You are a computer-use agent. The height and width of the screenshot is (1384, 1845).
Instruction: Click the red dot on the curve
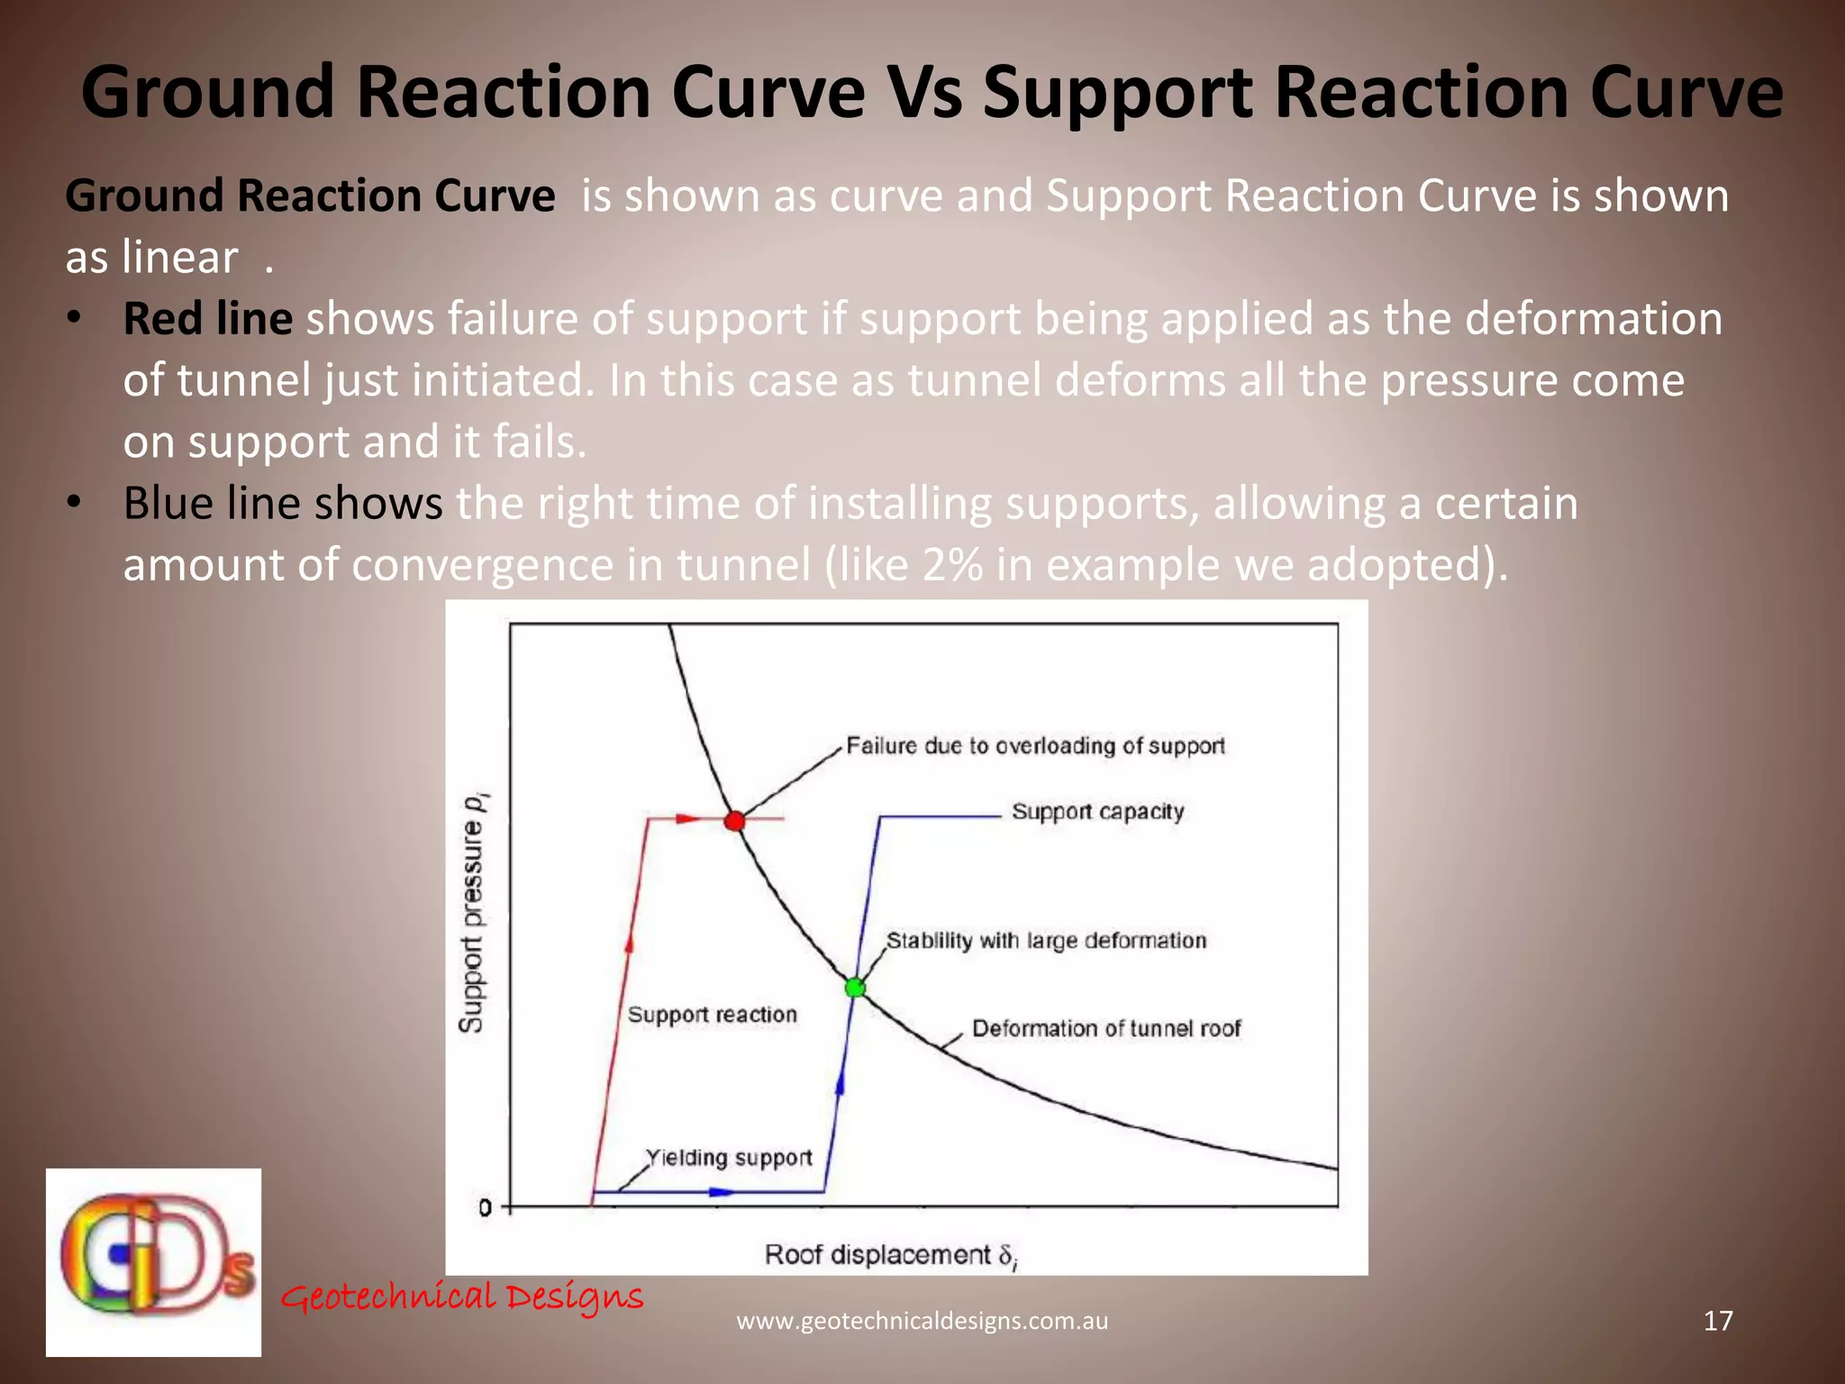pyautogui.click(x=735, y=821)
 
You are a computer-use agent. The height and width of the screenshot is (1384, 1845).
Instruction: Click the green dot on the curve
pyautogui.click(x=855, y=988)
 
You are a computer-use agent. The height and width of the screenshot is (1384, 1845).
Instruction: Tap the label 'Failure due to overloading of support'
pyautogui.click(x=1035, y=746)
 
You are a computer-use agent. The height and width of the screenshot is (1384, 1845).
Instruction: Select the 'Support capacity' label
pyautogui.click(x=1097, y=812)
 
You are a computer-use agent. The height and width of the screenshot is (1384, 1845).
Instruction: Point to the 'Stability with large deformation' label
pyautogui.click(x=1046, y=941)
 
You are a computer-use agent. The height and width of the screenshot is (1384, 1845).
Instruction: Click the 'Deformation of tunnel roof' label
pyautogui.click(x=1106, y=1029)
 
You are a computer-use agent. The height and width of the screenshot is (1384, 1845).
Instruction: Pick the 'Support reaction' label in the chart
pyautogui.click(x=712, y=1015)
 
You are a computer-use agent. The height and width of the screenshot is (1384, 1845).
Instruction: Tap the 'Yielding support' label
pyautogui.click(x=729, y=1158)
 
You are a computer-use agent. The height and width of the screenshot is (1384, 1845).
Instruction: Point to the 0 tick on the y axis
pyautogui.click(x=486, y=1207)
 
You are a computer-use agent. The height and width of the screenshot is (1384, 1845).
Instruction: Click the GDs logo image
pyautogui.click(x=154, y=1261)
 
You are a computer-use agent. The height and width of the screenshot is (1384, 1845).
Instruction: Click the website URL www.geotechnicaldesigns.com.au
pyautogui.click(x=922, y=1321)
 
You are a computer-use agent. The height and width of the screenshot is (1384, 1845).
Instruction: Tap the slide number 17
pyautogui.click(x=1718, y=1321)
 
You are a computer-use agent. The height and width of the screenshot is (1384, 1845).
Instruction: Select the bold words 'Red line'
pyautogui.click(x=207, y=319)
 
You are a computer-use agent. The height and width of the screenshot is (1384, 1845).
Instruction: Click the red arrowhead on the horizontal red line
pyautogui.click(x=688, y=819)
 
